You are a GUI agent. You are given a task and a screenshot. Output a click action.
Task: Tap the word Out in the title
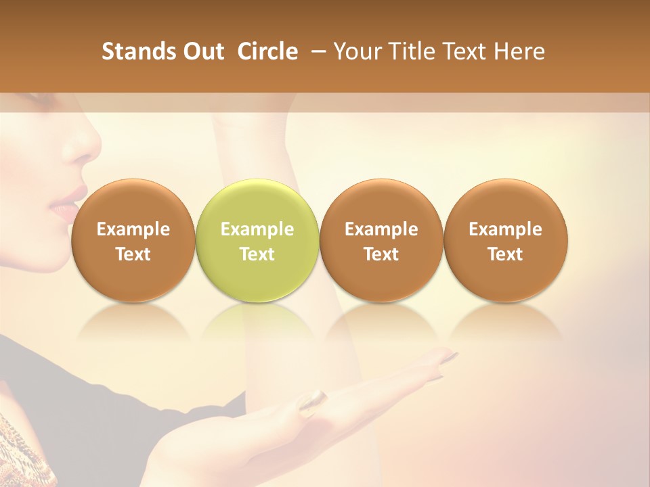pyautogui.click(x=202, y=51)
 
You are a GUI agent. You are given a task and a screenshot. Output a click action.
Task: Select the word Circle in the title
pyautogui.click(x=267, y=51)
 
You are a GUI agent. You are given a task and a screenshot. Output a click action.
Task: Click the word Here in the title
pyautogui.click(x=519, y=51)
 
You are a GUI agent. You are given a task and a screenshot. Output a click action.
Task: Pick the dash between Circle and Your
pyautogui.click(x=316, y=51)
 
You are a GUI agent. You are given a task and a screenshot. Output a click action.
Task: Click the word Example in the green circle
pyautogui.click(x=257, y=229)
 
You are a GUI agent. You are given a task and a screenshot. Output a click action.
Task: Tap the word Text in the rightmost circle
pyautogui.click(x=505, y=254)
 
